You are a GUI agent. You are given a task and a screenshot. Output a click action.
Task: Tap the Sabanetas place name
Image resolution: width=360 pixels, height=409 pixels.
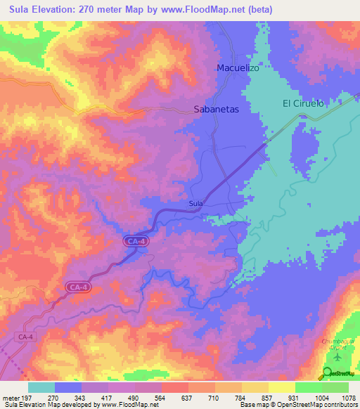pyautogui.click(x=217, y=110)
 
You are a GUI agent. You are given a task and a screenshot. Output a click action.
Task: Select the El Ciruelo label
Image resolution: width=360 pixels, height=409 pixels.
pyautogui.click(x=303, y=103)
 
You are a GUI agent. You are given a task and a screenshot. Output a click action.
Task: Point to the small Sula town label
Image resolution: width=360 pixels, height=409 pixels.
pyautogui.click(x=196, y=204)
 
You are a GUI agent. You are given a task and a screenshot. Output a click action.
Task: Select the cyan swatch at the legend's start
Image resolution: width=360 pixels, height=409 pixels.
pyautogui.click(x=41, y=387)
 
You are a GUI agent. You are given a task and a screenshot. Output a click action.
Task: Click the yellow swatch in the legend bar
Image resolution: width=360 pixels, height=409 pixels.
pyautogui.click(x=281, y=387)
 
